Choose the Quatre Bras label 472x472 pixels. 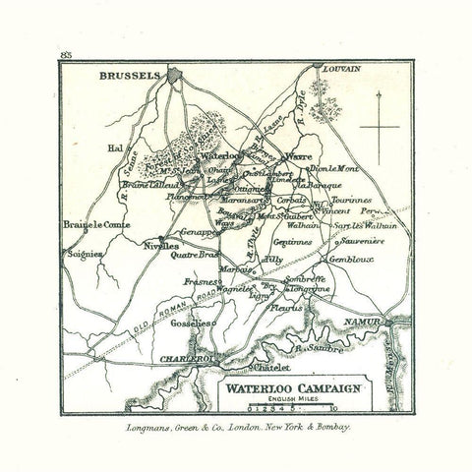tap(194, 254)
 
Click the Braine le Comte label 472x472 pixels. tap(87, 225)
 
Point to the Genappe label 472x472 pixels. tap(197, 232)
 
